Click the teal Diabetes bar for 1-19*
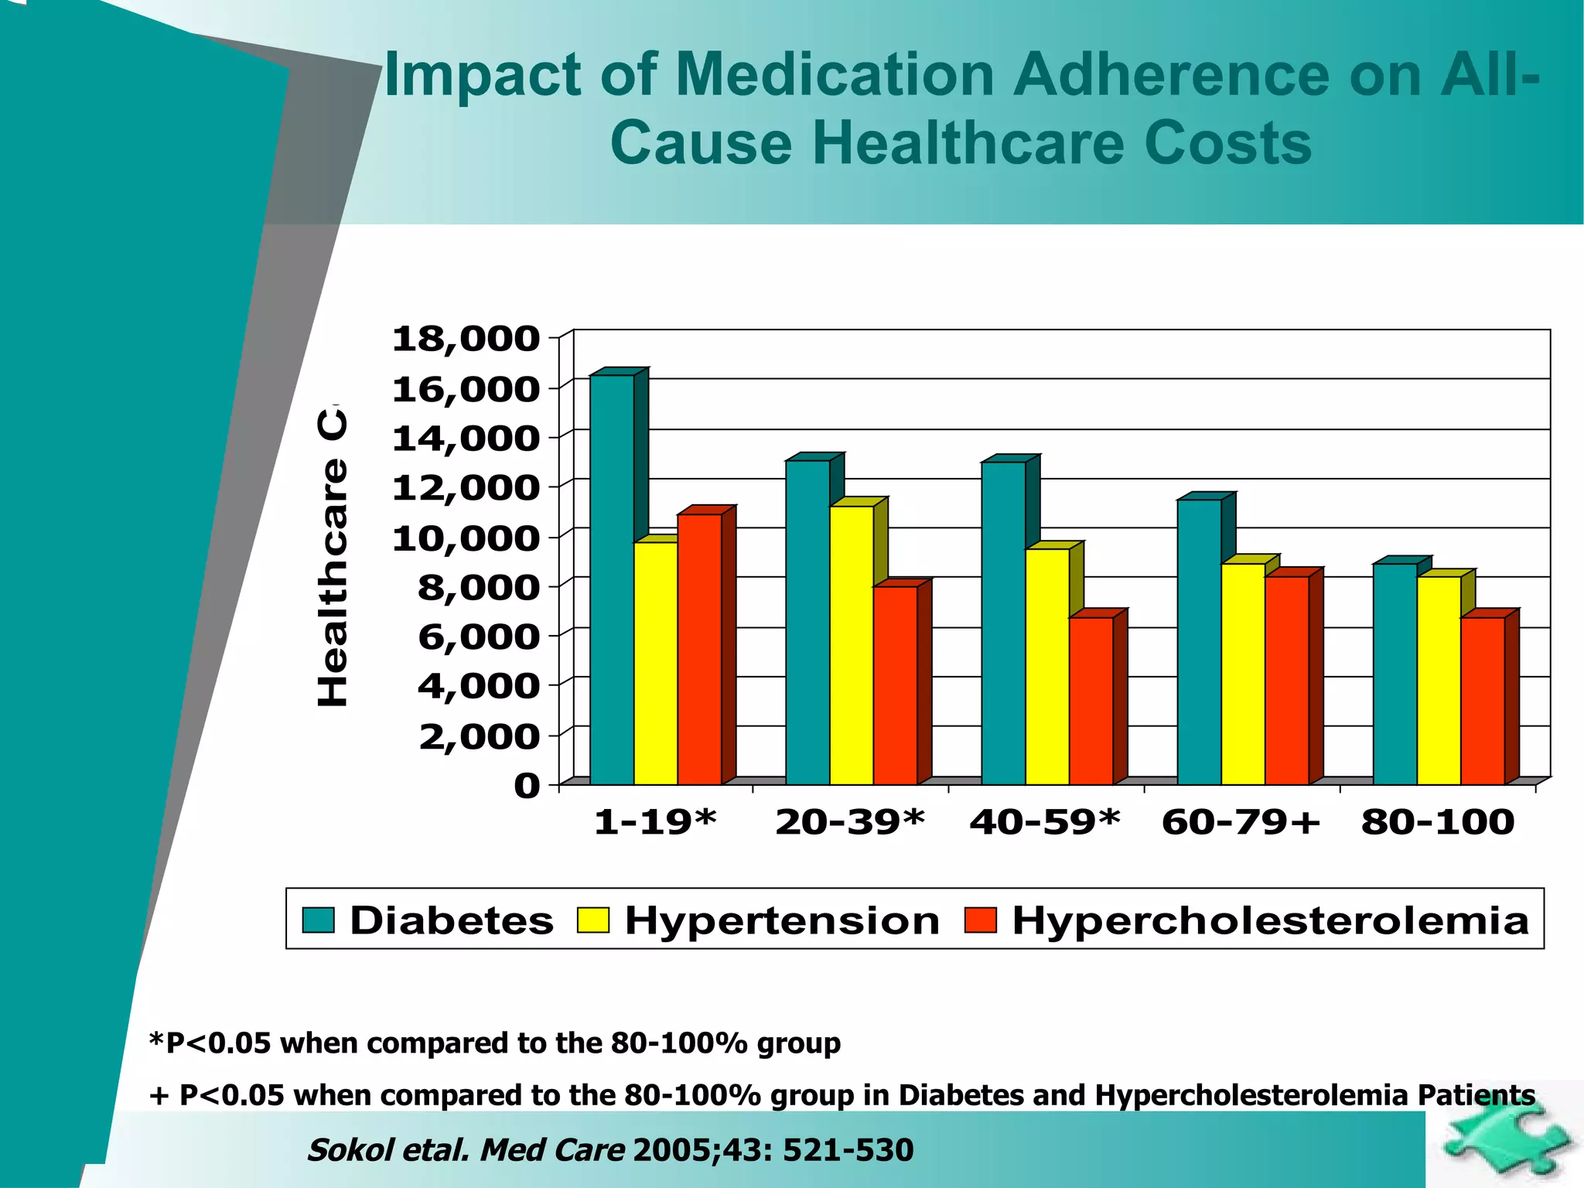pyautogui.click(x=612, y=580)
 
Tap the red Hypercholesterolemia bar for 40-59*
pyautogui.click(x=1091, y=700)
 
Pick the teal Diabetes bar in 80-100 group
pyautogui.click(x=1395, y=674)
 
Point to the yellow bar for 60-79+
pyautogui.click(x=1243, y=674)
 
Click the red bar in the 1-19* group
pyautogui.click(x=699, y=649)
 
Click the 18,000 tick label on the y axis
pyautogui.click(x=466, y=339)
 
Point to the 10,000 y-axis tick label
pyautogui.click(x=466, y=538)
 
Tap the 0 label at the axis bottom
pyautogui.click(x=527, y=786)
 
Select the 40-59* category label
pyautogui.click(x=1045, y=821)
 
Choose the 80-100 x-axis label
pyautogui.click(x=1438, y=821)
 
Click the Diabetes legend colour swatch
pyautogui.click(x=318, y=920)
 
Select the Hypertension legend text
pyautogui.click(x=781, y=920)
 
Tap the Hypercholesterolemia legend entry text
pyautogui.click(x=1270, y=920)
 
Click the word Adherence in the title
pyautogui.click(x=1172, y=75)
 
